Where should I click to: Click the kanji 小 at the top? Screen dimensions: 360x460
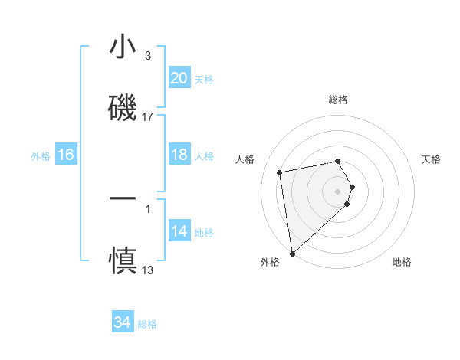point(123,47)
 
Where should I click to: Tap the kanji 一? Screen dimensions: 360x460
point(123,198)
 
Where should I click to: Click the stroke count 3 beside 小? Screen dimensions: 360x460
point(148,56)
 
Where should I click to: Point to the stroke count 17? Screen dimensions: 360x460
point(148,117)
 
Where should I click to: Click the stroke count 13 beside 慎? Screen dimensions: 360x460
point(148,270)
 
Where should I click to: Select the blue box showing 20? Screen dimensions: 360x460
point(179,78)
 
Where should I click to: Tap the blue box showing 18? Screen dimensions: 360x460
point(179,155)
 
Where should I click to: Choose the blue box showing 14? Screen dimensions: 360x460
point(179,231)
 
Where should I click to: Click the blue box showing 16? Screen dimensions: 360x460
point(66,155)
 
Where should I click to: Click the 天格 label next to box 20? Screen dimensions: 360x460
point(204,80)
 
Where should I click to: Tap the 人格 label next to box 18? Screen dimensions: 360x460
point(204,156)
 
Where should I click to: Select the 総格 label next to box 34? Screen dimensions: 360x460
point(147,324)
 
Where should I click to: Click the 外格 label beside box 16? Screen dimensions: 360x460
point(41,156)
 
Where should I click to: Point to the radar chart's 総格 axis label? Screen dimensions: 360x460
point(338,100)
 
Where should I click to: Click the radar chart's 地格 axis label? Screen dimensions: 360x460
point(402,263)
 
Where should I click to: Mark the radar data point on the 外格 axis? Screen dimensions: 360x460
point(292,253)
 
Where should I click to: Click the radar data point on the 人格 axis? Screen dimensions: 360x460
point(280,172)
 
